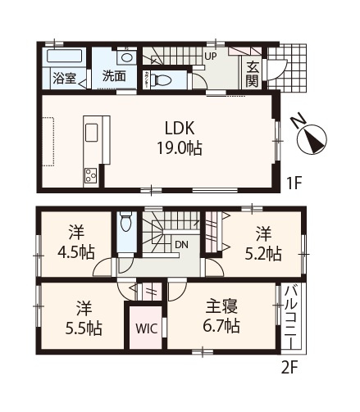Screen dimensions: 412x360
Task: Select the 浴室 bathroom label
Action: click(63, 79)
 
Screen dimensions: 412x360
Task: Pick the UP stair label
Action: click(210, 57)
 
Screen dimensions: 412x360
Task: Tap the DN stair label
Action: click(180, 244)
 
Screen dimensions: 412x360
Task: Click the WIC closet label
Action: click(144, 329)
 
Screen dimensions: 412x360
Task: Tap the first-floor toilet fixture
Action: click(160, 80)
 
